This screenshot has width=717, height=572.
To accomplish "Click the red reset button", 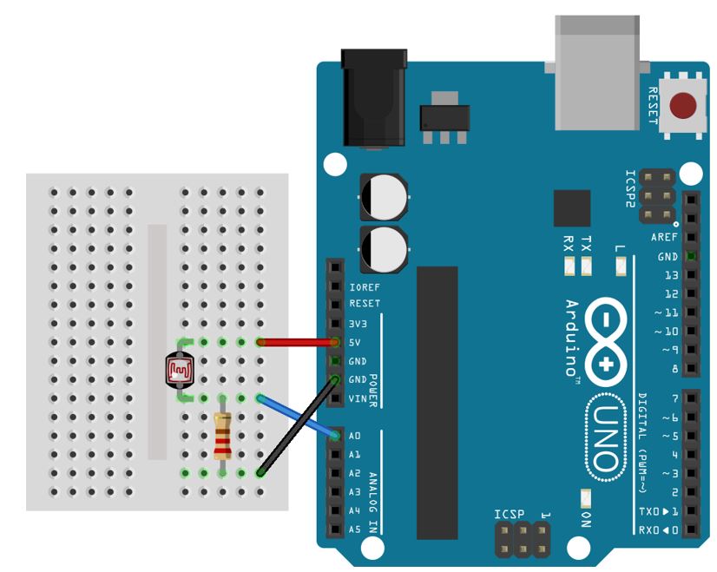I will point(685,106).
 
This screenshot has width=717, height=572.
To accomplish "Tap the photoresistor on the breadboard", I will point(181,371).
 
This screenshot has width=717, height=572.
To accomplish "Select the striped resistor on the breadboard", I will point(222,436).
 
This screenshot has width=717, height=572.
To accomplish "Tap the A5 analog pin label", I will point(354,529).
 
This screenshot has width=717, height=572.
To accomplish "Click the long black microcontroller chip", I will point(437,403).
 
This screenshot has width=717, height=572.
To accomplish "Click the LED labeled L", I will point(620,263).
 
